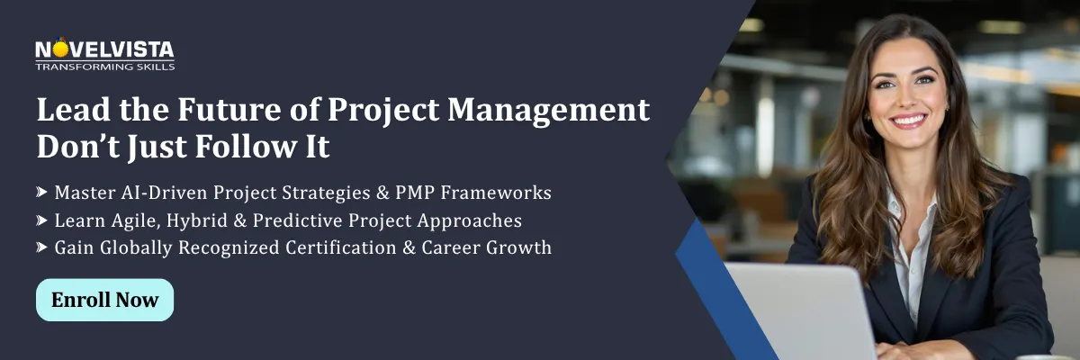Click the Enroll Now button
(x=104, y=300)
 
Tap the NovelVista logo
(x=104, y=49)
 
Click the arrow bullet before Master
(x=42, y=193)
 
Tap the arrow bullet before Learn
(x=42, y=220)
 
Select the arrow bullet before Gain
(x=42, y=248)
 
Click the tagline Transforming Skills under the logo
(x=104, y=67)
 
